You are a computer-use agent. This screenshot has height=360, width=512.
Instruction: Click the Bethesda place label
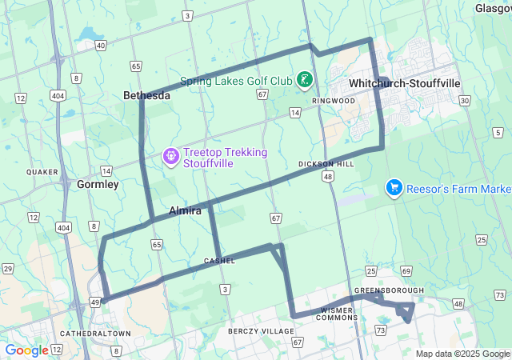(146, 95)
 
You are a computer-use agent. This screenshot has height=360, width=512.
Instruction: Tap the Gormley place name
(98, 184)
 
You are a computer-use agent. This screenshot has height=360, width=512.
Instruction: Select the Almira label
(185, 210)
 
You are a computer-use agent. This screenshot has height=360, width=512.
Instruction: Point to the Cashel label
(219, 261)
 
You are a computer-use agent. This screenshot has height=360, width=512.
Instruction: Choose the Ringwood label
(334, 101)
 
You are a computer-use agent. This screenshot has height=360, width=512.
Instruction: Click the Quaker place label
(42, 172)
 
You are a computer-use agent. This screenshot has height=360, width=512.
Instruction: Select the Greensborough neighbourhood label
(389, 290)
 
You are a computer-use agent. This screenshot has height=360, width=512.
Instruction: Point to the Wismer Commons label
(342, 313)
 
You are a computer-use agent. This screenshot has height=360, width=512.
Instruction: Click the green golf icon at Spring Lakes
(305, 79)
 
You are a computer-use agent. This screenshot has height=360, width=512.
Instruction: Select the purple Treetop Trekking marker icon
(170, 154)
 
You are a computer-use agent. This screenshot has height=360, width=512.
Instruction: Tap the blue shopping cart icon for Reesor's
(394, 188)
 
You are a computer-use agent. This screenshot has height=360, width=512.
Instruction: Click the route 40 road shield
(100, 46)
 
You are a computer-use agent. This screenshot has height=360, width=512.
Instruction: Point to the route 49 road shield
(94, 302)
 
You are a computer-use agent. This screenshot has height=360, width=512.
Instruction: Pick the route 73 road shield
(380, 330)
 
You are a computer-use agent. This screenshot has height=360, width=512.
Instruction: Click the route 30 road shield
(465, 100)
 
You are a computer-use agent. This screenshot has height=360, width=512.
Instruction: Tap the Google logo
(26, 350)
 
